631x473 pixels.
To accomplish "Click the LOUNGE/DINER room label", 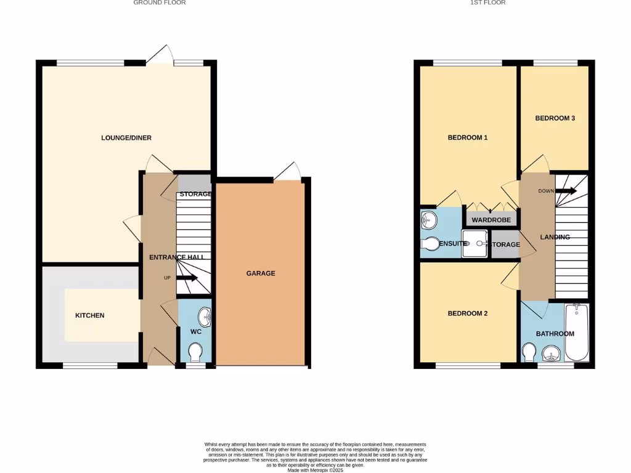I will (126, 138).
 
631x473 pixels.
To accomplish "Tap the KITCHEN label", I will (90, 315).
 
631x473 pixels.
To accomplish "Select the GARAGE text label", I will (261, 273).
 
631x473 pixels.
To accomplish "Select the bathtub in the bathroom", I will (577, 333).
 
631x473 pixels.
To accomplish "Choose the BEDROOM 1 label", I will (467, 138).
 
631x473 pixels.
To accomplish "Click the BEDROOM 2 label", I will (467, 313).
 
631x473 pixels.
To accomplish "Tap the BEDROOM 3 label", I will (555, 118).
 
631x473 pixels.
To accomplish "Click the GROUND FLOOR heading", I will (160, 3).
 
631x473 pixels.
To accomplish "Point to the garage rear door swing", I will (288, 171).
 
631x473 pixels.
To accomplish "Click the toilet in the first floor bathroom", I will (528, 352).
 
